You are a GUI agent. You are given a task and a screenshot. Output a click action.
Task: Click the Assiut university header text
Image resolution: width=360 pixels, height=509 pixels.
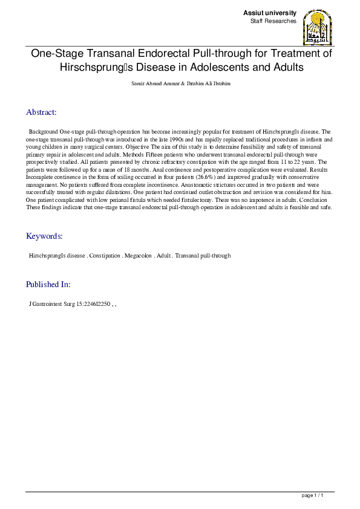(270, 13)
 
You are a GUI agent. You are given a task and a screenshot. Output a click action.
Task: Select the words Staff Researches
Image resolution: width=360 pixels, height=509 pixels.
(273, 21)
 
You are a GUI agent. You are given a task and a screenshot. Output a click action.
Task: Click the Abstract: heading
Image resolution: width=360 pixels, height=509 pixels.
(41, 112)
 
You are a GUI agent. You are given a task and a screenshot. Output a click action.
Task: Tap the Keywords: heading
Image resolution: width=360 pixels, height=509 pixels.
(44, 236)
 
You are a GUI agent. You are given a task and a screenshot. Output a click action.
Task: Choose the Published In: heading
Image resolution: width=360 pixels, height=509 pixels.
(48, 284)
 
